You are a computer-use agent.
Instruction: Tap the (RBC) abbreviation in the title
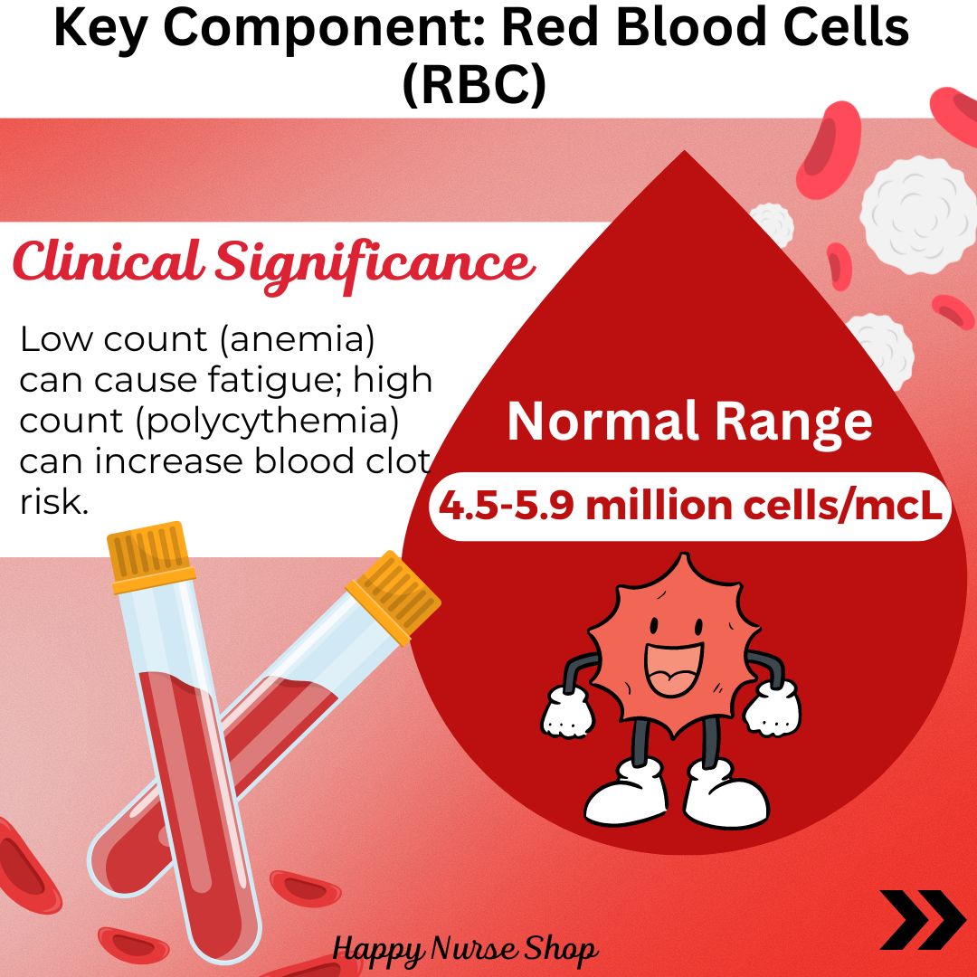[474, 83]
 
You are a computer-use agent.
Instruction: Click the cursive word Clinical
[107, 261]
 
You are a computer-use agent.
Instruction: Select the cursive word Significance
[375, 265]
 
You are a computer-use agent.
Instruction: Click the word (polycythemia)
[268, 422]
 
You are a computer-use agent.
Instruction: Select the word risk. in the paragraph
[54, 501]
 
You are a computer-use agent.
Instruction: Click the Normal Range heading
[689, 422]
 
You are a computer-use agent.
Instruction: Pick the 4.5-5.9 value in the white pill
[506, 506]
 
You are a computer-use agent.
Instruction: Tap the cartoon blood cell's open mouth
[674, 669]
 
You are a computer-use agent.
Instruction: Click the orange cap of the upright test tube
[149, 556]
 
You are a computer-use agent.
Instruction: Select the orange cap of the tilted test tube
[394, 596]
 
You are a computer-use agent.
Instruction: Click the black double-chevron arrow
[922, 920]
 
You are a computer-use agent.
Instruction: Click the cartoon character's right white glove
[773, 707]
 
